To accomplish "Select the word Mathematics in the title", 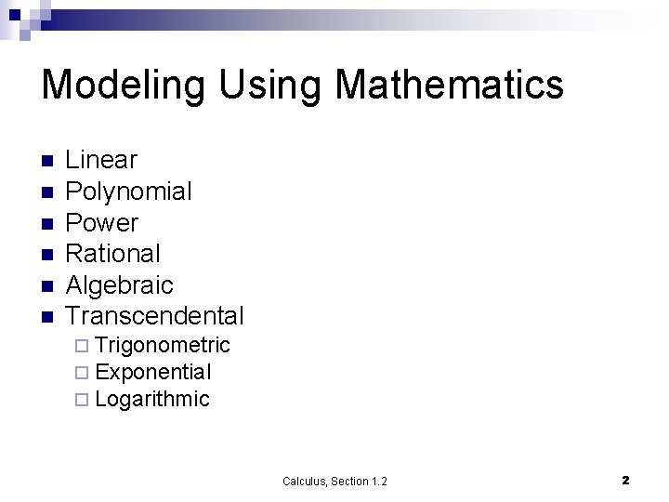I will point(449,86).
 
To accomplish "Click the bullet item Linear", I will point(101,160).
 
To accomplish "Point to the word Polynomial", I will point(128,192).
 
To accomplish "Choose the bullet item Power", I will point(101,223).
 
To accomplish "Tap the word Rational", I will point(112,253).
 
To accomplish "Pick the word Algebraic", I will point(119,284).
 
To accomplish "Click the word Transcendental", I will point(154,316).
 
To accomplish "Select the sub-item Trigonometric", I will point(162,346).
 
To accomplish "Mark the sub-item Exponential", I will point(153,373).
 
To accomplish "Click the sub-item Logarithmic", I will point(152,400).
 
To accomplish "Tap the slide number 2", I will point(625,480).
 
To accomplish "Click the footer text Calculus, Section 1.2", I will point(334,481).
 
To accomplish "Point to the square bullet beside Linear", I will point(47,161).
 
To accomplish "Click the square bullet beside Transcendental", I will point(47,317).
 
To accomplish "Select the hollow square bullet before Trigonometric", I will point(83,347).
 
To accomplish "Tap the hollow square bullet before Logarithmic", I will point(83,401).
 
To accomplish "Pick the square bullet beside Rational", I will point(47,254).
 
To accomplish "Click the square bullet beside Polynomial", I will point(47,192).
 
